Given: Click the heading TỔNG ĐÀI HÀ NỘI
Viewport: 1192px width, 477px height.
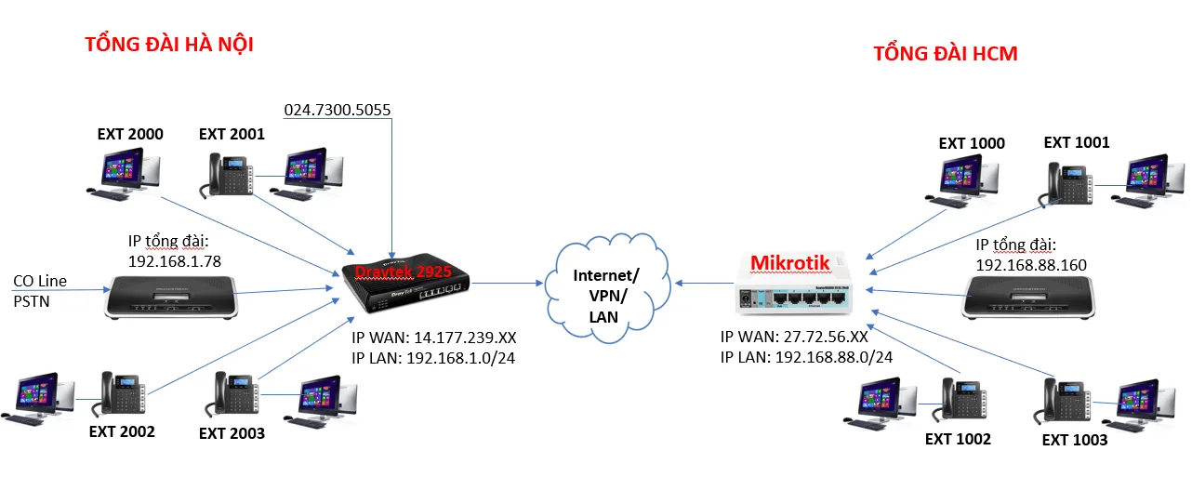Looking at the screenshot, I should (x=168, y=45).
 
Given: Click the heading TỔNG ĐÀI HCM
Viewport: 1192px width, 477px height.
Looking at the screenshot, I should (x=945, y=54).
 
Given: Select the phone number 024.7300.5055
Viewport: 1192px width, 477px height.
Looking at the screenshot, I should (x=338, y=111).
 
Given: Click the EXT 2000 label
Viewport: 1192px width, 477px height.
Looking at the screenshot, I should (x=130, y=135).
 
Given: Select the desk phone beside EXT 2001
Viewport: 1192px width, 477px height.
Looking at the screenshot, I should (x=226, y=173).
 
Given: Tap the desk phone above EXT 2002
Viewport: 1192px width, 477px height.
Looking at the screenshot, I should (x=120, y=395).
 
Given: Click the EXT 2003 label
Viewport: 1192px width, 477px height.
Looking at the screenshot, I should (x=232, y=433).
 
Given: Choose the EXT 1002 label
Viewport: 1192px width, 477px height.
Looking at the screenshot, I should (x=958, y=439).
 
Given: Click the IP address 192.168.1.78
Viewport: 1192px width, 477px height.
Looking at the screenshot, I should (x=174, y=262).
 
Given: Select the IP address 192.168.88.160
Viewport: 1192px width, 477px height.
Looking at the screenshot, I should (x=1030, y=265).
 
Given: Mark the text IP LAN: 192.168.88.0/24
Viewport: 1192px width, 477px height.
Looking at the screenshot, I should (x=806, y=356).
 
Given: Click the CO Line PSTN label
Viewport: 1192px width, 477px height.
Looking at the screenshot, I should (x=40, y=290).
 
